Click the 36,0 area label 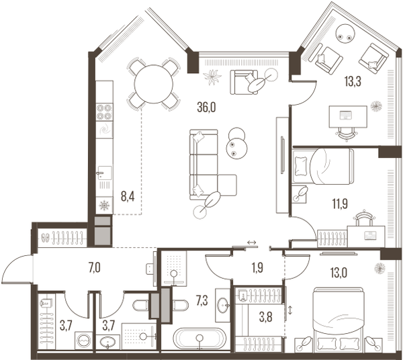coord(206,108)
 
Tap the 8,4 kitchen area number coord(128,197)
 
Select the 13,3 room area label coord(353,82)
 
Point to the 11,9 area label coord(339,204)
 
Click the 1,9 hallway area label coord(257,268)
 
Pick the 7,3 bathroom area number coord(202,300)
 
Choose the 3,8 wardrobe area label coord(265,318)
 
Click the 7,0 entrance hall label coord(94,268)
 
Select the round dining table coord(154,84)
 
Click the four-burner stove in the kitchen coord(104,111)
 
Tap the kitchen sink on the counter coord(105,173)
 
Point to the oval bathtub coord(199,339)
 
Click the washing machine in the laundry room coord(83,341)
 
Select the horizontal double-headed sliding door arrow coord(252,242)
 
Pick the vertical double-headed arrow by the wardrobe coord(291,310)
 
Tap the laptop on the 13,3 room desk coord(345,115)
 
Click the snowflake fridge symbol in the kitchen coord(104,206)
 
